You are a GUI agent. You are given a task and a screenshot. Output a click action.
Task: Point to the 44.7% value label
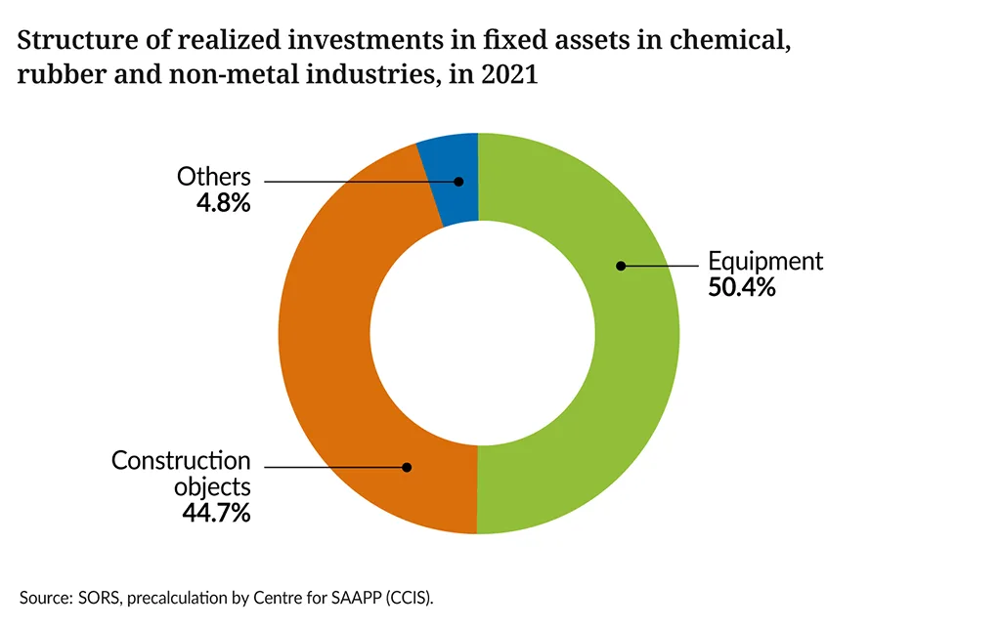pyautogui.click(x=216, y=512)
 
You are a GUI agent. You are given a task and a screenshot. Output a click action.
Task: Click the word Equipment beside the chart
pyautogui.click(x=765, y=262)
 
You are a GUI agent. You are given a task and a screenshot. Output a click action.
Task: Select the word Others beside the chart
pyautogui.click(x=214, y=178)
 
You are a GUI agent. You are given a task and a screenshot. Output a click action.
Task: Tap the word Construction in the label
pyautogui.click(x=181, y=460)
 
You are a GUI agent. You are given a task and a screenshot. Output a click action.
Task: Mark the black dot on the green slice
pyautogui.click(x=620, y=265)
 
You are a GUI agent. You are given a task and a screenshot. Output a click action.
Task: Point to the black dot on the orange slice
pyautogui.click(x=408, y=467)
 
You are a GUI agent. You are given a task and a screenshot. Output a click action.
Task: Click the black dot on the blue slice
pyautogui.click(x=457, y=181)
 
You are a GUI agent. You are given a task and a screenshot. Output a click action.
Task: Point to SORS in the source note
pyautogui.click(x=91, y=596)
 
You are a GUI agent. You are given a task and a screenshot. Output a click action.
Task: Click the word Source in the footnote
pyautogui.click(x=43, y=596)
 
